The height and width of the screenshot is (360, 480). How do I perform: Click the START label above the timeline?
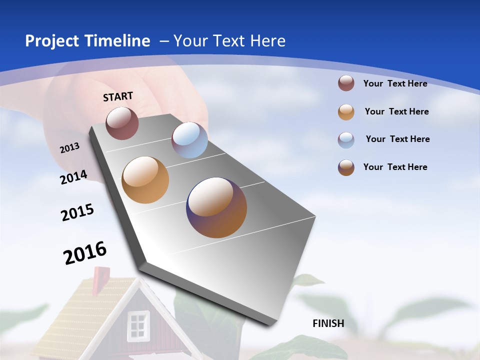[118, 96]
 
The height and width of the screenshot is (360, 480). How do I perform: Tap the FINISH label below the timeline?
[328, 323]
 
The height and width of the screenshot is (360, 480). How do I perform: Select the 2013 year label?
[70, 148]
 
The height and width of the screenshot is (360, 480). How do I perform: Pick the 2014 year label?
[74, 177]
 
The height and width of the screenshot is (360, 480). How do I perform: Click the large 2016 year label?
[85, 253]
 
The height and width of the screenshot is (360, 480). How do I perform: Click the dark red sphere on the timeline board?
[122, 123]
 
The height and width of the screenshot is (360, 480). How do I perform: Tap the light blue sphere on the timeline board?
[189, 140]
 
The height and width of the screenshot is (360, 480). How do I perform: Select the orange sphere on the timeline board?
[145, 180]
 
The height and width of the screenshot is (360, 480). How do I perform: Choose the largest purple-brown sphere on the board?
[216, 207]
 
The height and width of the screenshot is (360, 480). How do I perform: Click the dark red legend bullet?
[346, 83]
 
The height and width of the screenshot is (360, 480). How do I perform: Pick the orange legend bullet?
[346, 112]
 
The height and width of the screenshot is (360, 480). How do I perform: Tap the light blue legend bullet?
[346, 140]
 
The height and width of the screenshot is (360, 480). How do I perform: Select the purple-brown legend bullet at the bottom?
[346, 167]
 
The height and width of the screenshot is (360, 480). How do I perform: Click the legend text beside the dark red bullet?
[395, 83]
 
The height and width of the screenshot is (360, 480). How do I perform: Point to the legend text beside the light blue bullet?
[397, 139]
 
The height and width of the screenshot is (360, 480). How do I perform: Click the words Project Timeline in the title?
[87, 41]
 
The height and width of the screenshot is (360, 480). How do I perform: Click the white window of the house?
[138, 325]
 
